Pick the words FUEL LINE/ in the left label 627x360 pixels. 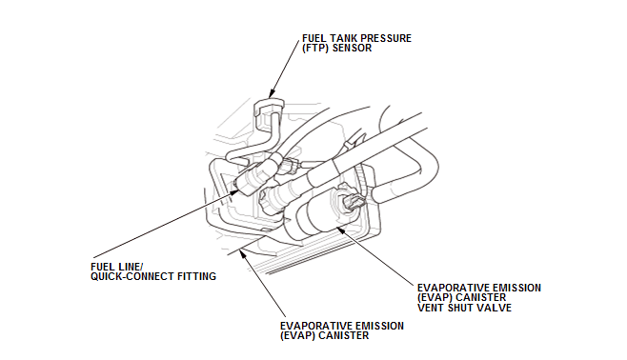[117, 267]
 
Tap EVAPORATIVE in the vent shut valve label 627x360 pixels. [449, 288]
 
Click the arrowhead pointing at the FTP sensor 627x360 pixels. [272, 93]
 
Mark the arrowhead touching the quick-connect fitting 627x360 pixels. [233, 191]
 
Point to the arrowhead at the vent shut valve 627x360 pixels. [340, 229]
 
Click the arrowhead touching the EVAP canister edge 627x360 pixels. [242, 252]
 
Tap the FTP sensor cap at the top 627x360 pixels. [269, 109]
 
